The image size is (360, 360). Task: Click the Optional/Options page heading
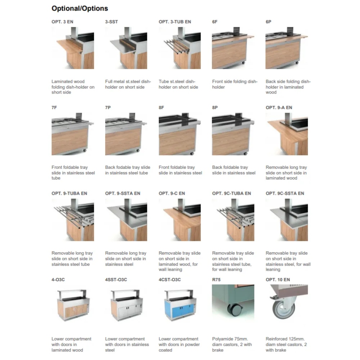coord(80,8)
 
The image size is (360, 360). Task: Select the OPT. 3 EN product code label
coord(62,22)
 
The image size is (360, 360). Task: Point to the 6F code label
coord(215,22)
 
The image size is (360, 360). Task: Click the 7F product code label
coord(54,108)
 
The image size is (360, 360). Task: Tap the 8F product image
coord(180,134)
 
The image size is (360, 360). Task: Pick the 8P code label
coord(215,108)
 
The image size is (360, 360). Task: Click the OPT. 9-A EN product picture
coord(287,134)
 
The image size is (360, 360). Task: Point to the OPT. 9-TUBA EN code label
coord(69,193)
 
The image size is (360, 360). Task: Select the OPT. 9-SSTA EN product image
coord(126,220)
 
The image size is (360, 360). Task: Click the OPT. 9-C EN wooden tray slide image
coord(180,220)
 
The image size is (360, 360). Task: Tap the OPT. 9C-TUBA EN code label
coord(231,193)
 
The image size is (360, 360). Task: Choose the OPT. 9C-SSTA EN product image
coord(287,220)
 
